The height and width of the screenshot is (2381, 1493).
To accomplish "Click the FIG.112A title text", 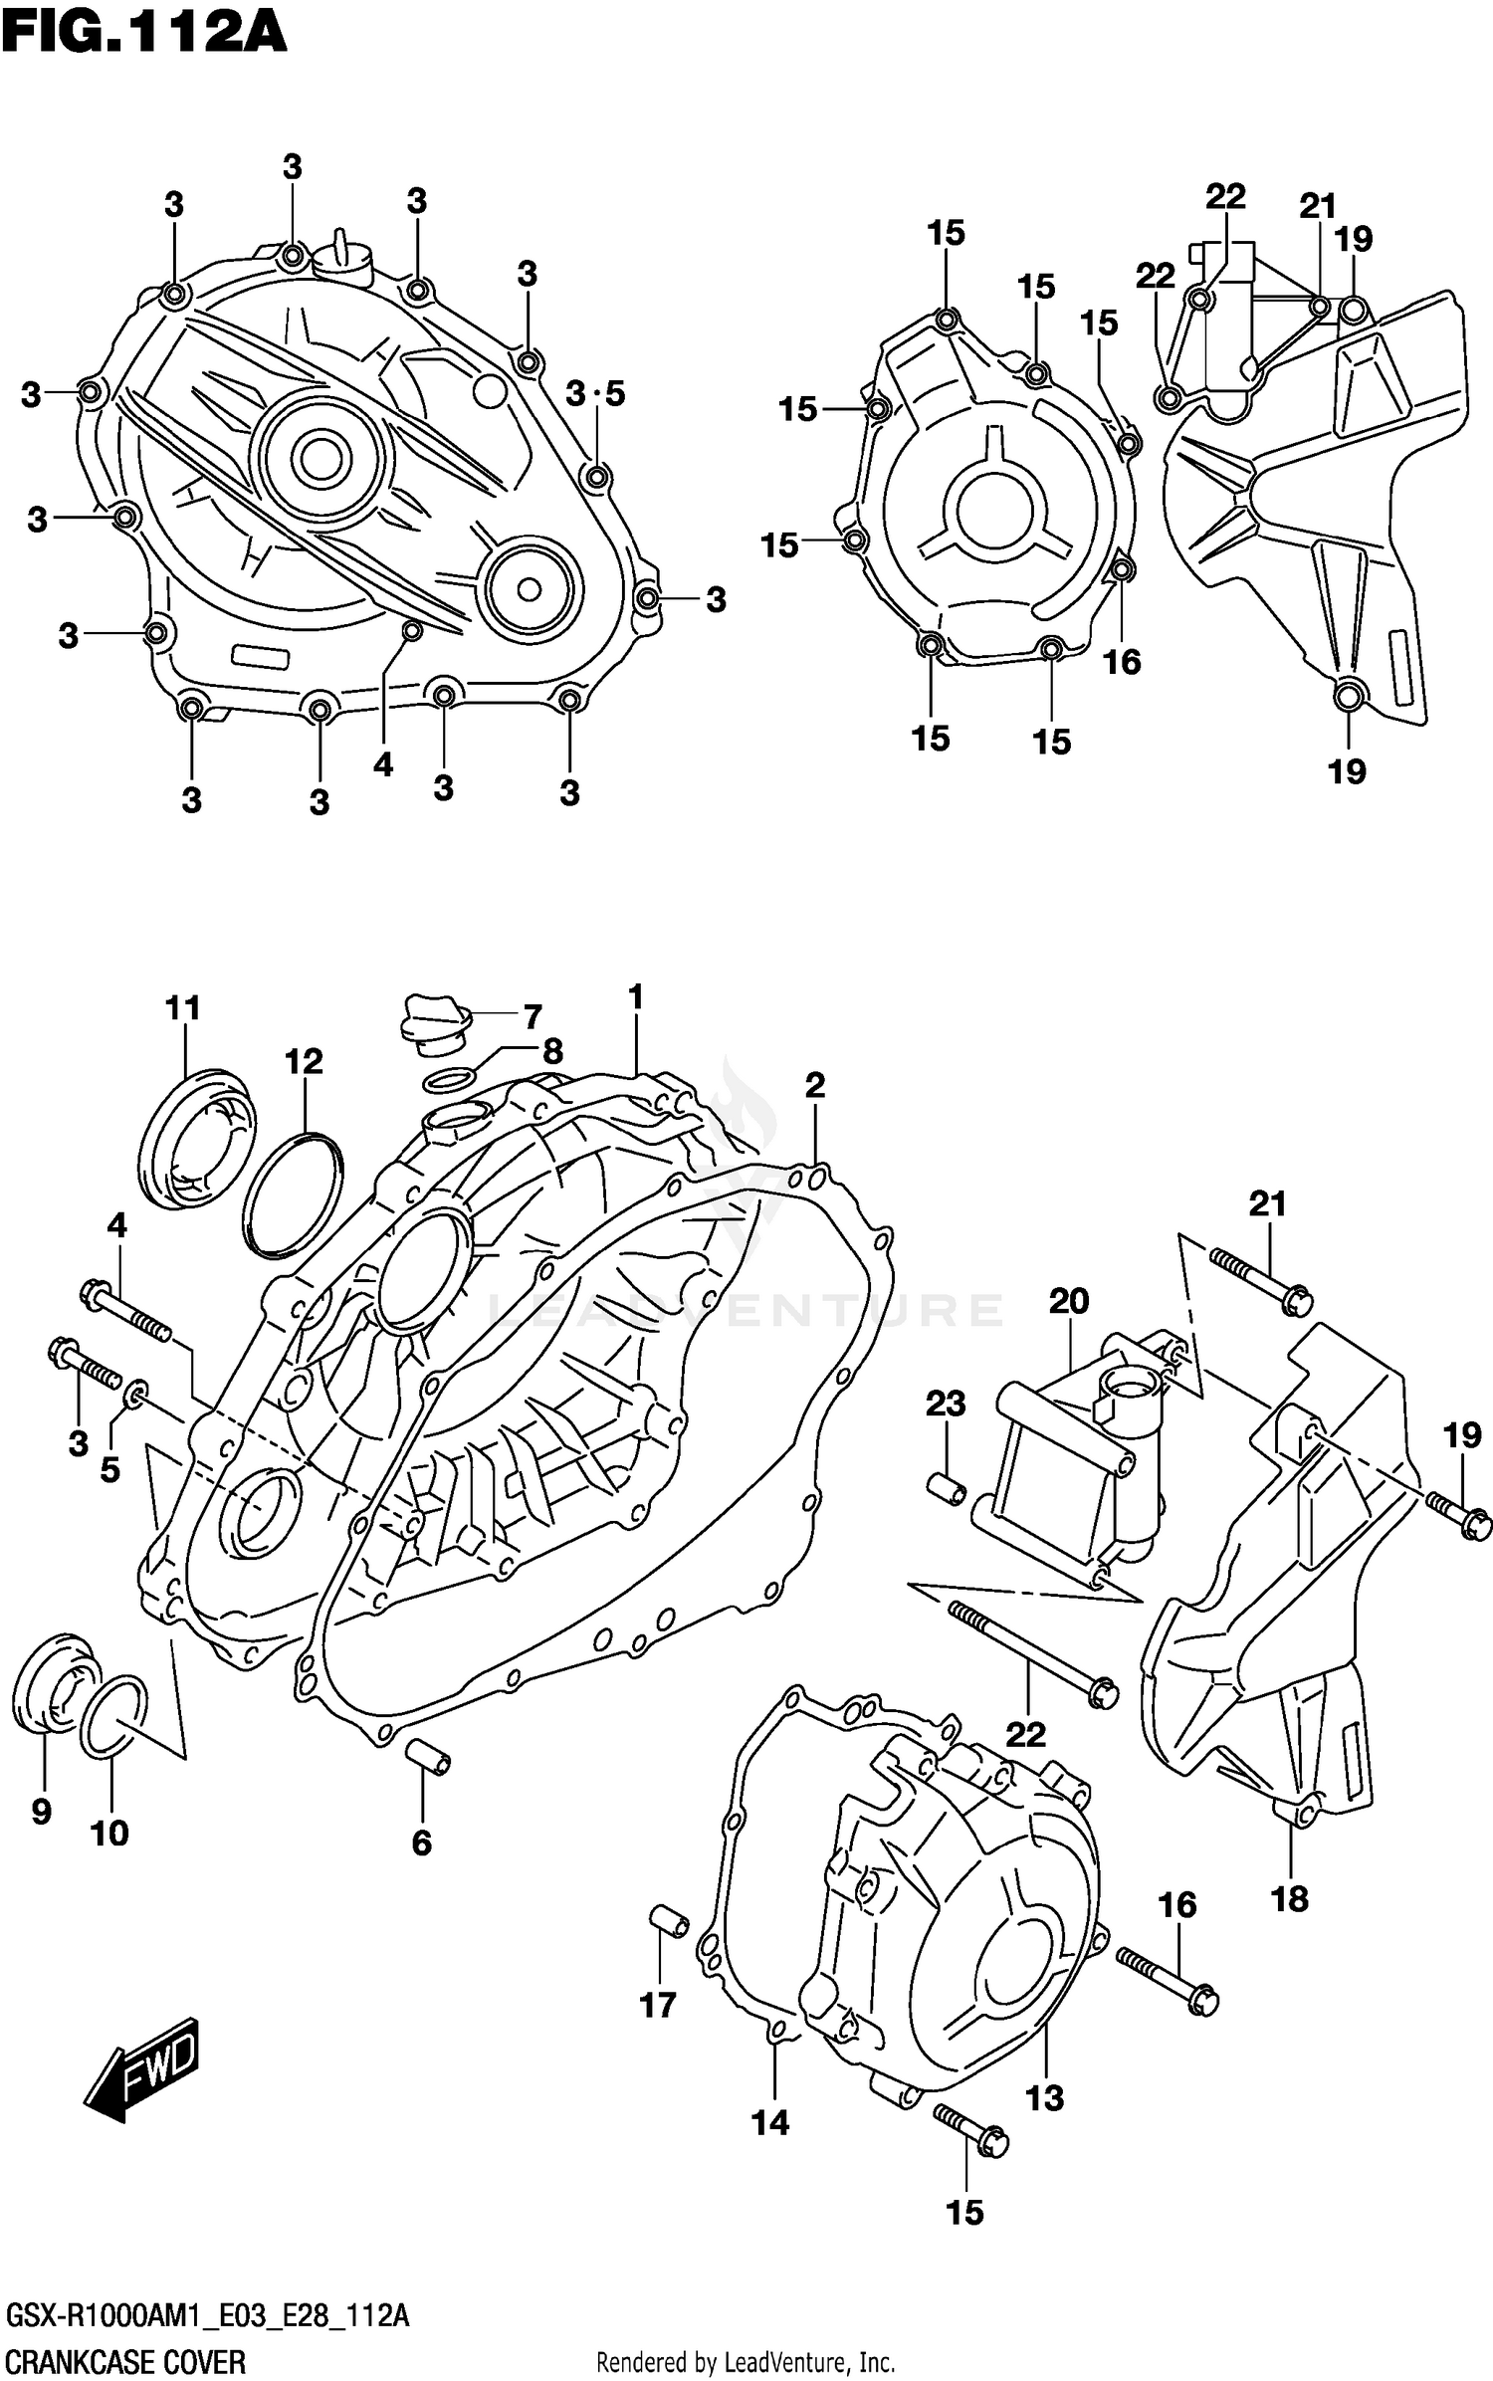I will click(x=144, y=33).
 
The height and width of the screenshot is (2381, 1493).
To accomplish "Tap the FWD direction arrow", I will click(x=143, y=2069).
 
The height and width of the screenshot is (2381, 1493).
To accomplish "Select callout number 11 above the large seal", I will click(x=183, y=1008).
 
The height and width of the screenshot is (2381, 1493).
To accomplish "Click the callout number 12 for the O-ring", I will click(x=304, y=1062).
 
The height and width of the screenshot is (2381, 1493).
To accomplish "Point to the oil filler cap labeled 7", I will click(x=434, y=1024).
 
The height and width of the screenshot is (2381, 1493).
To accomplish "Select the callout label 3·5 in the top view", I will click(x=595, y=394).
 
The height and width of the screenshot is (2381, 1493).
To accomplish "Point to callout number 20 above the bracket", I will click(x=1069, y=1300).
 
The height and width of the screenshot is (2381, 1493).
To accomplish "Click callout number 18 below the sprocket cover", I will click(x=1290, y=1898).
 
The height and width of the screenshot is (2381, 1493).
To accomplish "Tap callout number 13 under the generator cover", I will click(x=1044, y=2097).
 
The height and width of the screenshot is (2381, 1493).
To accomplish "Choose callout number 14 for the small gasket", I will click(x=770, y=2122).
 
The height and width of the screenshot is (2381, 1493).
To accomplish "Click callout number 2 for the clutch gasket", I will click(x=814, y=1085).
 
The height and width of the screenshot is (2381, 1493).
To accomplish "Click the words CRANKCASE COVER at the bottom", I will click(x=125, y=2361).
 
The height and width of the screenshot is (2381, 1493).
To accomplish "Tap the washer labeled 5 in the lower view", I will click(x=137, y=1391).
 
